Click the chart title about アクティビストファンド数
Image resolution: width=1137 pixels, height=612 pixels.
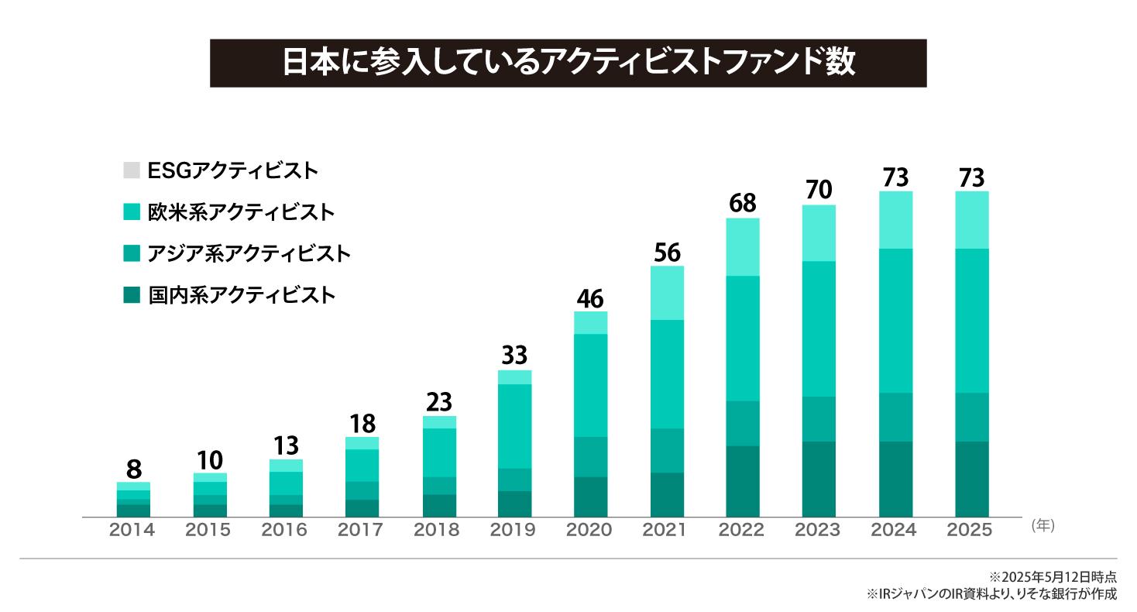(x=568, y=64)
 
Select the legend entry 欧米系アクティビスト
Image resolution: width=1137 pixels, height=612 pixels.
(x=241, y=211)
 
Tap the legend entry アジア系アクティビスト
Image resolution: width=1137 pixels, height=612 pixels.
(x=249, y=253)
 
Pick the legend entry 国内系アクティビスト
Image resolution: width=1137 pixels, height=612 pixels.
(x=241, y=295)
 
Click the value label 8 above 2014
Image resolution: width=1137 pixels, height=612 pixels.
(x=133, y=469)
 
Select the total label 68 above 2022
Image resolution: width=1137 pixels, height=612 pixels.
(x=743, y=204)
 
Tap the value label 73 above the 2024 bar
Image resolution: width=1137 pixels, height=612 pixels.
(x=895, y=178)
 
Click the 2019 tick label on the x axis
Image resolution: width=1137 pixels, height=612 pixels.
(x=514, y=530)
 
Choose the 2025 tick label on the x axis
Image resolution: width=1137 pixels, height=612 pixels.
(x=970, y=530)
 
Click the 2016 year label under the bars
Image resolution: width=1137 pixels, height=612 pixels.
(x=284, y=530)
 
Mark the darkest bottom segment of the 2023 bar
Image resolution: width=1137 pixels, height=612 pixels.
(x=819, y=479)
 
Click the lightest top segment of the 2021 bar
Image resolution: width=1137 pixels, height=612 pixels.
(x=667, y=293)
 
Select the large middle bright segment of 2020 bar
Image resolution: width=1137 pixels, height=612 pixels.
(x=590, y=385)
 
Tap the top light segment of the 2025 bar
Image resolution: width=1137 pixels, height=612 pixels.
(x=971, y=219)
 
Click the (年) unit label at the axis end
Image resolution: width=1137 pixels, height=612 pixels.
(x=1043, y=525)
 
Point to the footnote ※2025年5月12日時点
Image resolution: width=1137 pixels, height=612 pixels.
(x=1053, y=577)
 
